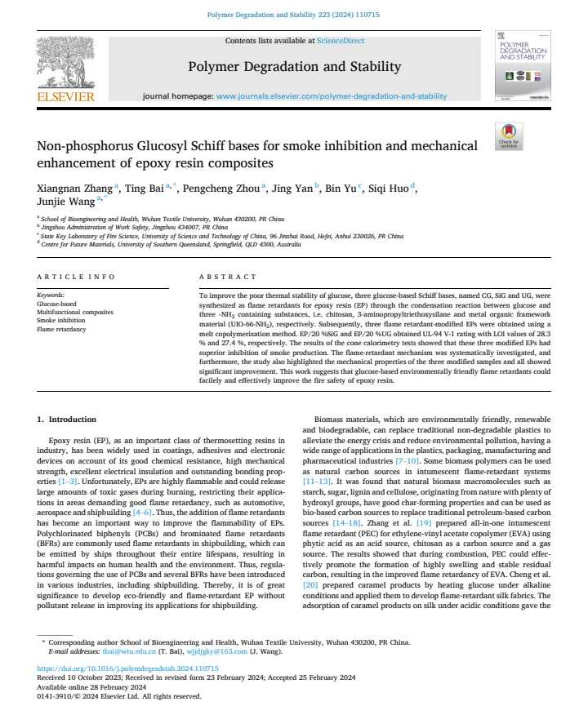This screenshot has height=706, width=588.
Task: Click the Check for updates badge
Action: pyautogui.click(x=509, y=136)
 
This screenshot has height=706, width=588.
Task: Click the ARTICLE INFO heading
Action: pyautogui.click(x=76, y=277)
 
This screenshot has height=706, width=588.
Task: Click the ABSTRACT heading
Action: pyautogui.click(x=222, y=277)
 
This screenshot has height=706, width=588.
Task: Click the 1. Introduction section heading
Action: pyautogui.click(x=66, y=420)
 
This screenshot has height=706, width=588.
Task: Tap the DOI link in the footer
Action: pyautogui.click(x=128, y=667)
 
